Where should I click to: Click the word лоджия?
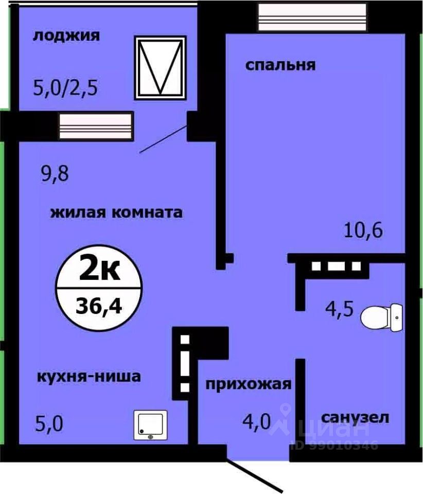[x=66, y=36]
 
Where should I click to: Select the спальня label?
[x=280, y=65]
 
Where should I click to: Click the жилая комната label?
[x=116, y=212]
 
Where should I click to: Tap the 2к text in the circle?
[x=99, y=270]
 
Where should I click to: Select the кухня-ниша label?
[x=89, y=376]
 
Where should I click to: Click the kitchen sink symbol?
[x=151, y=425]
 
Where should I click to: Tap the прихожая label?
[x=249, y=384]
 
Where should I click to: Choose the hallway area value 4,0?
[x=257, y=422]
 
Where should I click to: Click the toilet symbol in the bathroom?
[x=381, y=317]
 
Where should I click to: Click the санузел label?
[x=355, y=417]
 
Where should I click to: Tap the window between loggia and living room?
[x=96, y=126]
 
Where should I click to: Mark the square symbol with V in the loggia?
[x=160, y=67]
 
